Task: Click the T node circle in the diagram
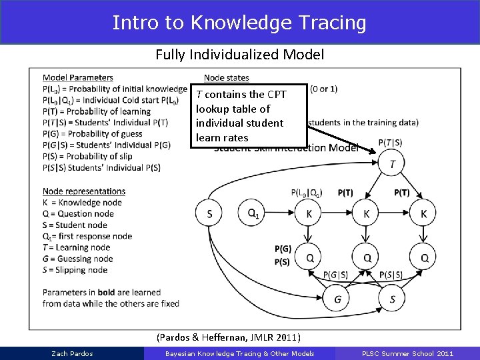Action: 392,164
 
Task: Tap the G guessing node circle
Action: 337,299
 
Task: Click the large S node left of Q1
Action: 209,214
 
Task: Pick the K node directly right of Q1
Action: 309,214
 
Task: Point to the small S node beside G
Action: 392,299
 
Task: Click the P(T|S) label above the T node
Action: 390,142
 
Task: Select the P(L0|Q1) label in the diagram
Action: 307,193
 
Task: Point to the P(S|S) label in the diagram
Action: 391,275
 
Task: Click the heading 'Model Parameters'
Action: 77,78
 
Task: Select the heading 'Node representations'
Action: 83,191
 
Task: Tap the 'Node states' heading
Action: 227,78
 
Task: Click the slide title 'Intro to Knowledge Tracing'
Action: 239,23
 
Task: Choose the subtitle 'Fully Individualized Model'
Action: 239,55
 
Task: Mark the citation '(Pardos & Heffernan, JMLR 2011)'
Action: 228,337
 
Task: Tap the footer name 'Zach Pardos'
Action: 72,353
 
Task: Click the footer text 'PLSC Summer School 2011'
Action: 407,353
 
